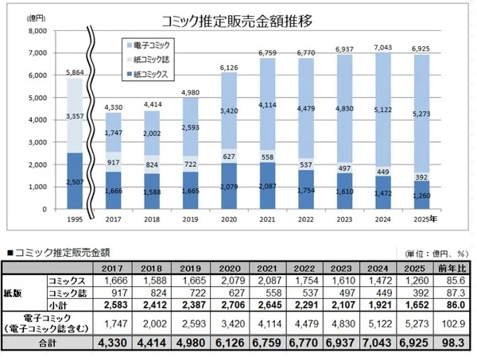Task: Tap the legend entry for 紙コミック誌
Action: point(152,60)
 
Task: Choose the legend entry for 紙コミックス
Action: point(152,75)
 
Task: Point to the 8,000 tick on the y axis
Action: point(37,31)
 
